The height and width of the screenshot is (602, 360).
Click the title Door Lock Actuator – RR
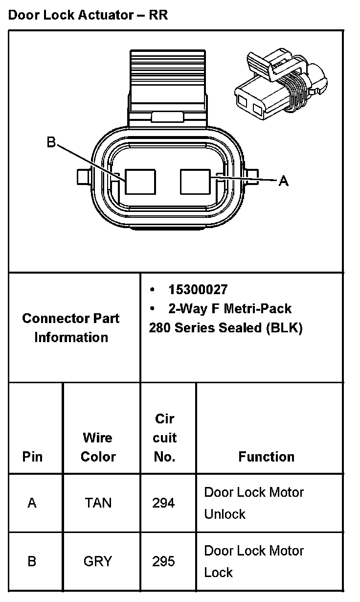[88, 15]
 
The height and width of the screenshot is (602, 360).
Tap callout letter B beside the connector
[51, 142]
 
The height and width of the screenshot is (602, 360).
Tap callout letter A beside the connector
[283, 181]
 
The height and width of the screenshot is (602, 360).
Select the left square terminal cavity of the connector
[140, 182]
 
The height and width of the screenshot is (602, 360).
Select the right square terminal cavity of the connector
[195, 182]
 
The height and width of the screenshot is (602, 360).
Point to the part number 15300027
[198, 290]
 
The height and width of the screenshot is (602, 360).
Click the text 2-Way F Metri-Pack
[229, 309]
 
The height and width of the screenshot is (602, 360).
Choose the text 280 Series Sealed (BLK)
[225, 328]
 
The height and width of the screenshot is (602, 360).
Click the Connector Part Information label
[71, 328]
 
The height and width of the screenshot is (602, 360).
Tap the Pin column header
[32, 457]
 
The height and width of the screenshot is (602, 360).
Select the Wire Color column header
[98, 447]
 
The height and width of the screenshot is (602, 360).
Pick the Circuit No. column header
[164, 438]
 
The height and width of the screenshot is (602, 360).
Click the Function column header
[267, 457]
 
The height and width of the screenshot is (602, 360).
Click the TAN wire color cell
[98, 503]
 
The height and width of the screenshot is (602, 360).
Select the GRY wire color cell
[98, 561]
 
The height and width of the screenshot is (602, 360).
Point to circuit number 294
[163, 503]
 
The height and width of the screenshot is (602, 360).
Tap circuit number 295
[163, 561]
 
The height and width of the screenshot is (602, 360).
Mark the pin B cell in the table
[32, 561]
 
